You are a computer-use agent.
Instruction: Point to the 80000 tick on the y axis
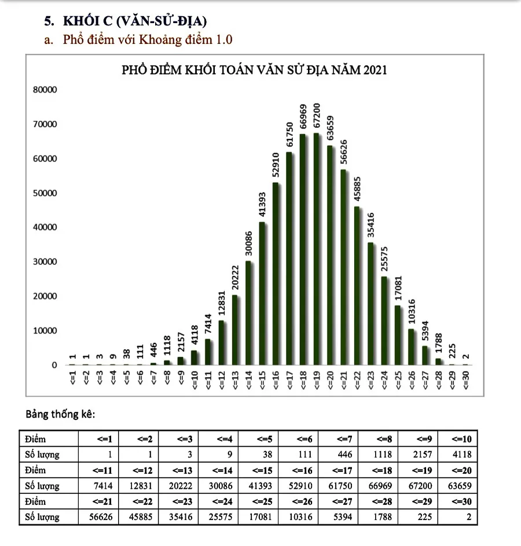click(x=45, y=90)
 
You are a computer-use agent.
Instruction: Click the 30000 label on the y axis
click(x=45, y=262)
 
